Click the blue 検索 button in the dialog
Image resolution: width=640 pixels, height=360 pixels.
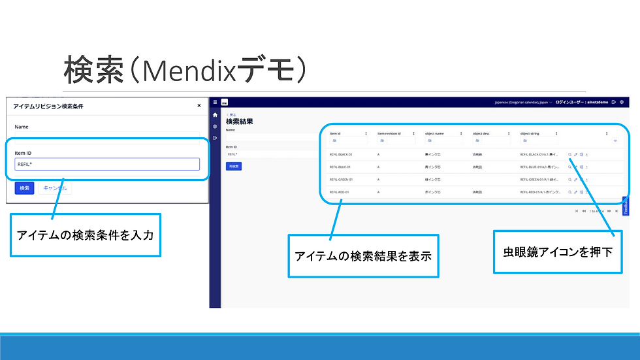coord(24,188)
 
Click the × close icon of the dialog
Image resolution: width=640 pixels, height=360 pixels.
coord(199,105)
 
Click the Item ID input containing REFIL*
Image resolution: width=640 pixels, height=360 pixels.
coord(108,164)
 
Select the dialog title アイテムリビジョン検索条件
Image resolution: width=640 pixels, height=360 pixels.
coord(48,106)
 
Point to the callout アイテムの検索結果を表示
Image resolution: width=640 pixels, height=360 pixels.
coord(363,255)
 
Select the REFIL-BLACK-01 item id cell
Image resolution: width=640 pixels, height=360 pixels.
coord(340,155)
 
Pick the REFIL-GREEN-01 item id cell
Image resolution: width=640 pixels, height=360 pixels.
coord(341,179)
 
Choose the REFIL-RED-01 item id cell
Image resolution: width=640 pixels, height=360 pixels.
coord(339,192)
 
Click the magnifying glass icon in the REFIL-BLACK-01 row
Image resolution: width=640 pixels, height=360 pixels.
coord(569,155)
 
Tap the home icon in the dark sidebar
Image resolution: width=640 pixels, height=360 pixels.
coord(215,115)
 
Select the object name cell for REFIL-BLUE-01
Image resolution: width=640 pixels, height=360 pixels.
coord(434,167)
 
